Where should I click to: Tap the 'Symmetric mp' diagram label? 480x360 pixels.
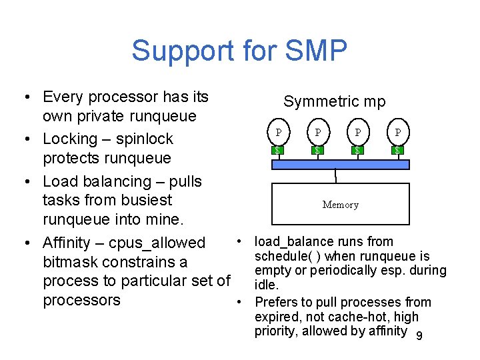click(334, 101)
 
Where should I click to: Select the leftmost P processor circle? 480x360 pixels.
click(278, 132)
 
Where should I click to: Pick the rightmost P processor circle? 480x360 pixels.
click(397, 132)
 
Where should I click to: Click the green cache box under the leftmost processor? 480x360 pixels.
click(278, 150)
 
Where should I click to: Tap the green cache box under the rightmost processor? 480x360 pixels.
click(397, 150)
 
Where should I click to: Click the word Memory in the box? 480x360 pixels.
click(340, 205)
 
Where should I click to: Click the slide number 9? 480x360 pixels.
click(419, 336)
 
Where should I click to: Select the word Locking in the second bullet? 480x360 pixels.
click(69, 139)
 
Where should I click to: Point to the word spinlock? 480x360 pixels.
click(143, 139)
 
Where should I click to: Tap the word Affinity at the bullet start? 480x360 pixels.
click(69, 243)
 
